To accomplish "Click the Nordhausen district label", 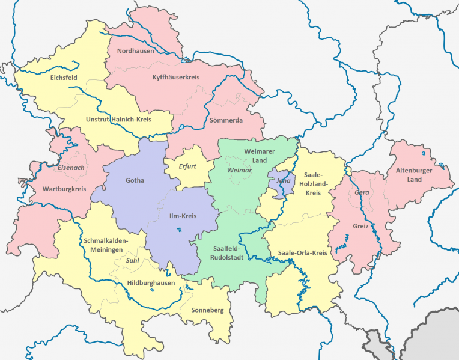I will pyautogui.click(x=135, y=51).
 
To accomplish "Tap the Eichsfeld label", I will pyautogui.click(x=64, y=78).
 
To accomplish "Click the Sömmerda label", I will pyautogui.click(x=226, y=120).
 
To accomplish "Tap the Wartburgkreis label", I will pyautogui.click(x=64, y=189).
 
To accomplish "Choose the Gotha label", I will pyautogui.click(x=135, y=180).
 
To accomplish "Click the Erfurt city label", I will pyautogui.click(x=188, y=166).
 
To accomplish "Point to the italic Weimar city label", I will pyautogui.click(x=239, y=171).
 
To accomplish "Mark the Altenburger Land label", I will pyautogui.click(x=414, y=175).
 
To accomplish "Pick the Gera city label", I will pyautogui.click(x=362, y=192).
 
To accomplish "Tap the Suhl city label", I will pyautogui.click(x=133, y=261).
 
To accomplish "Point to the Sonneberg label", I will pyautogui.click(x=207, y=310).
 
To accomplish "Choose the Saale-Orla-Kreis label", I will pyautogui.click(x=299, y=253).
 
